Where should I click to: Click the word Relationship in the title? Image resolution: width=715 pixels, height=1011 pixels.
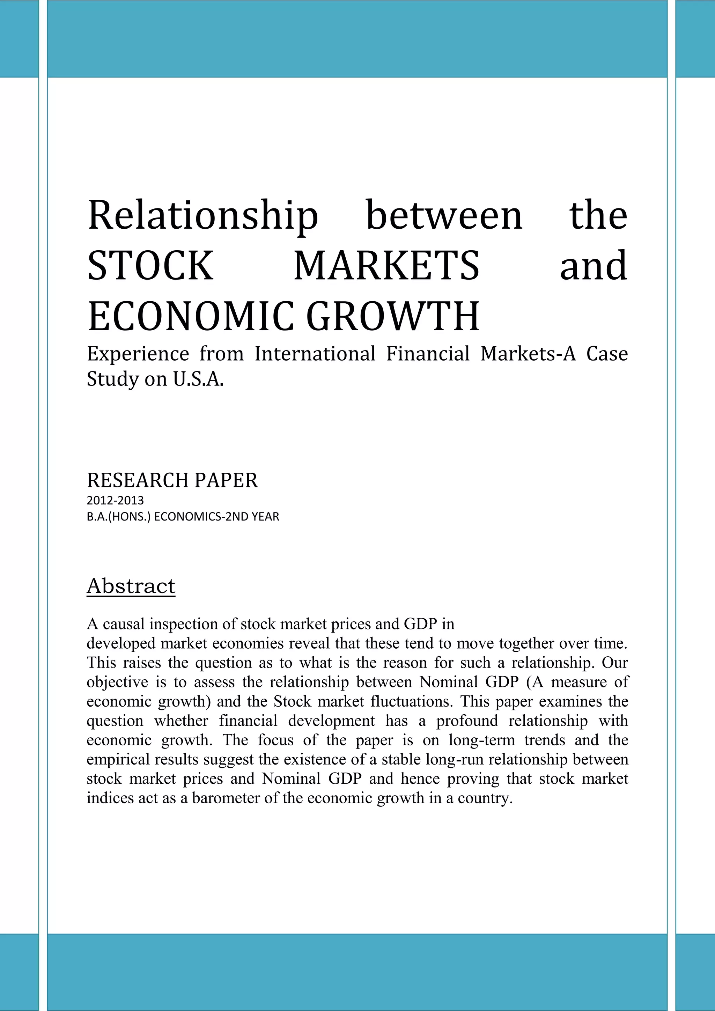click(x=202, y=216)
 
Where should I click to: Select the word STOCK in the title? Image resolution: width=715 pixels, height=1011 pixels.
click(x=150, y=266)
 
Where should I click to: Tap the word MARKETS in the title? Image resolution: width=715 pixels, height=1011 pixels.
click(x=386, y=266)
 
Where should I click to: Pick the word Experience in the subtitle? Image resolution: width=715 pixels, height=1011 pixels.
click(x=138, y=354)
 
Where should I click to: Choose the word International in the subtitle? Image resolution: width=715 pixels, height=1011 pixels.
click(x=315, y=354)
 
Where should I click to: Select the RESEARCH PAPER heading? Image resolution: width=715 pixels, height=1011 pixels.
click(x=172, y=480)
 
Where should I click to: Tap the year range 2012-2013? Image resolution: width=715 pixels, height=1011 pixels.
click(x=115, y=501)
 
